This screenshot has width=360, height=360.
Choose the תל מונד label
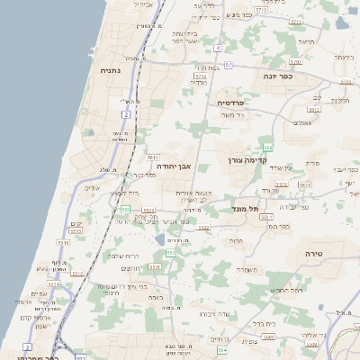click(x=242, y=209)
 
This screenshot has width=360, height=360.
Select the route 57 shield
click(x=229, y=65)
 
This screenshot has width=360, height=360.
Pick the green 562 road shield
click(x=267, y=147)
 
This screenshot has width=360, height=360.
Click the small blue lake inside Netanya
click(x=90, y=132)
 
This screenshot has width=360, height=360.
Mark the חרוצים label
click(x=131, y=268)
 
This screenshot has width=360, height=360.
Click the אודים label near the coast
click(x=92, y=188)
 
